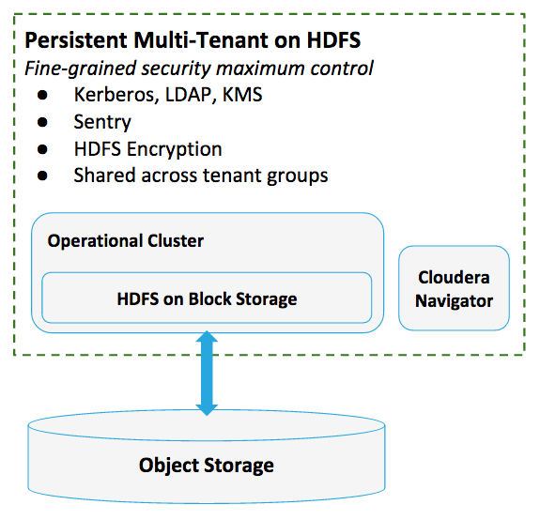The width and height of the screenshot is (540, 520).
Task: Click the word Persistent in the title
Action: click(x=76, y=40)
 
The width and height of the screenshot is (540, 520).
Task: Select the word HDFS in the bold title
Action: click(x=333, y=40)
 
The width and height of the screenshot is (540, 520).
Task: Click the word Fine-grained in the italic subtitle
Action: click(x=81, y=69)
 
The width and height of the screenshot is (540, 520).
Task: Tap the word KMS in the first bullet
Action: click(x=242, y=94)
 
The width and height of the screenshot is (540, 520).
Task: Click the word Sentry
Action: click(x=102, y=122)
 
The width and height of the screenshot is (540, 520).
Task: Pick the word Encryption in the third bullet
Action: click(x=174, y=149)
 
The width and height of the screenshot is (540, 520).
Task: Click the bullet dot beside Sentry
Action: click(x=42, y=122)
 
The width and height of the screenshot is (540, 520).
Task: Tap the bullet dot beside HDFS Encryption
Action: click(x=42, y=149)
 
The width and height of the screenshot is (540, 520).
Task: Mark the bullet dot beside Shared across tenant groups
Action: click(x=42, y=176)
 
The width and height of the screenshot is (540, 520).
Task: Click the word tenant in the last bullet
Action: click(x=232, y=176)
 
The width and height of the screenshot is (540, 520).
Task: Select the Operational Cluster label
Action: click(x=125, y=241)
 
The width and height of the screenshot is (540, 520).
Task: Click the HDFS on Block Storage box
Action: click(x=207, y=298)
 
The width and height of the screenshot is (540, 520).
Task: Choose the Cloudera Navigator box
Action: click(x=454, y=288)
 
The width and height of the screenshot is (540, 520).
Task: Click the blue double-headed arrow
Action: click(x=207, y=373)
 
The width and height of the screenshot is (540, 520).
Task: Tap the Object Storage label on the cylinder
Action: click(x=207, y=466)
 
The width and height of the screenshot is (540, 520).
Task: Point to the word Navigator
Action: click(x=454, y=301)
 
